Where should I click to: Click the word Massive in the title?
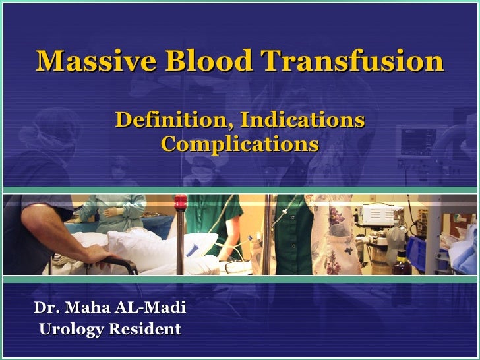tap(96, 60)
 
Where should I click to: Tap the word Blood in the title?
tap(209, 60)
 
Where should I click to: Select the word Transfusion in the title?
tap(352, 60)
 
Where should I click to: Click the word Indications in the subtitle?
tap(303, 119)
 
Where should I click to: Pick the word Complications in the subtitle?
tap(240, 144)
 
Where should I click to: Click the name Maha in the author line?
tap(88, 307)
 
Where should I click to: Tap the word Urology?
tap(72, 330)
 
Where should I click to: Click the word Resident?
tap(145, 329)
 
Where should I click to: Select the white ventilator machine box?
tap(382, 216)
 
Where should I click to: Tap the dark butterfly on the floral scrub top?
tap(347, 251)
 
